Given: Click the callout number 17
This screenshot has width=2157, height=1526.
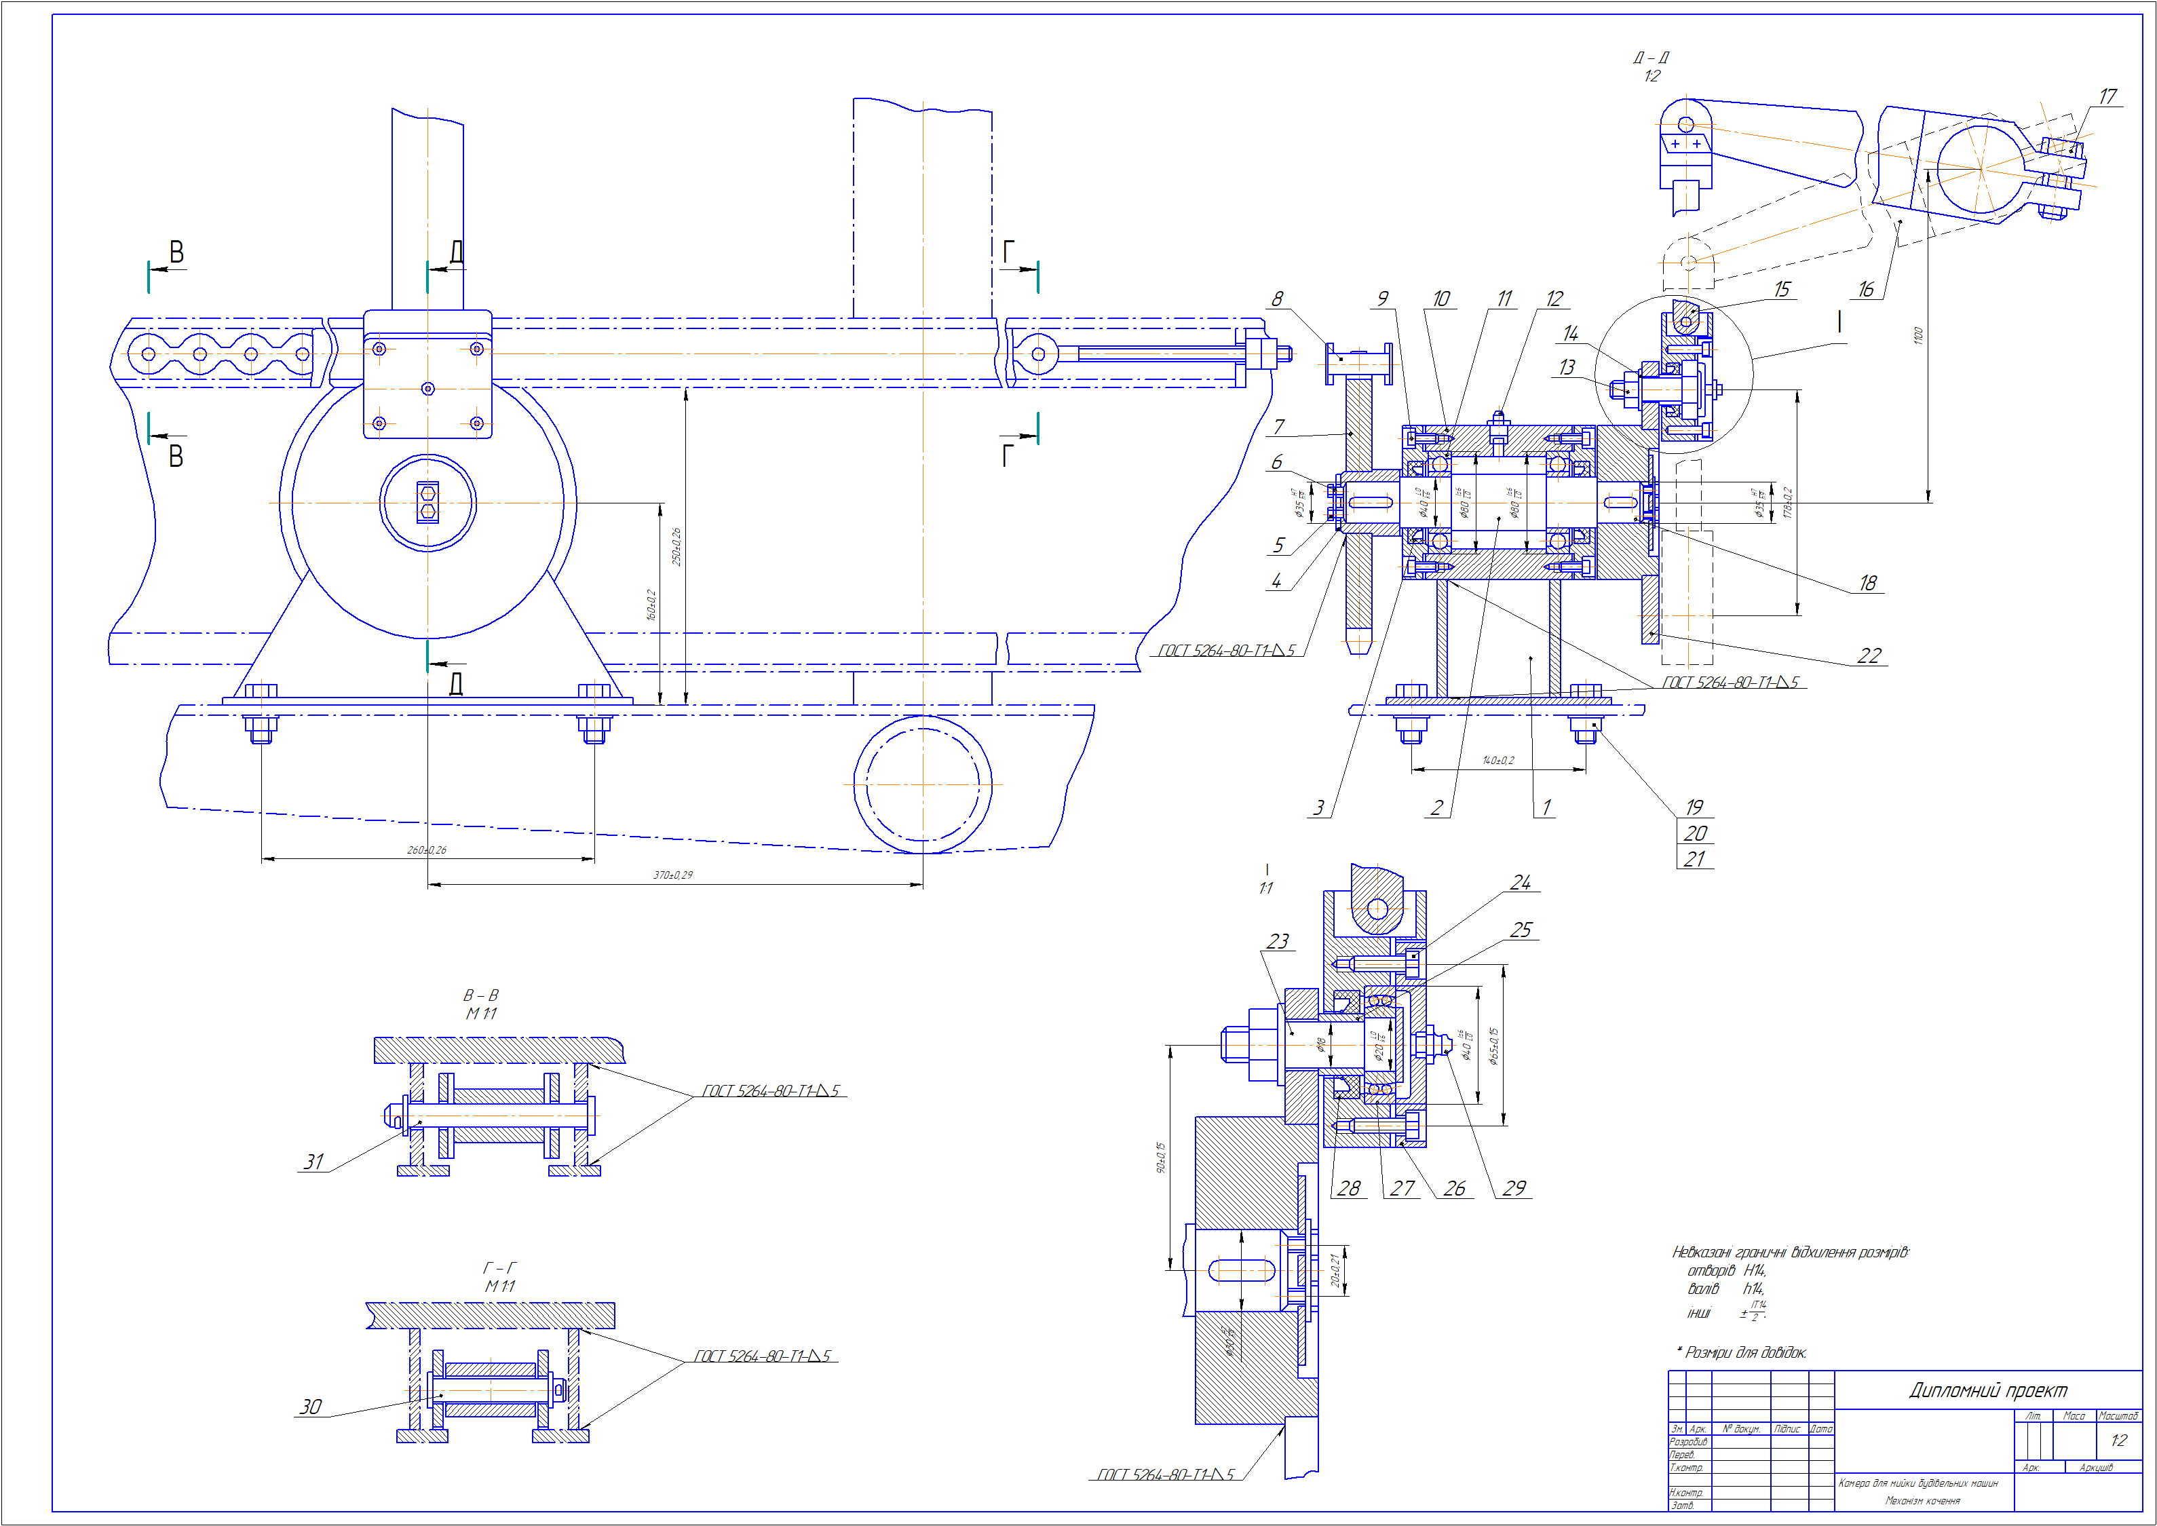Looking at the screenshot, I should (2107, 97).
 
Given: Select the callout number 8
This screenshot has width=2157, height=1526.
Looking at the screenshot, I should (1277, 299).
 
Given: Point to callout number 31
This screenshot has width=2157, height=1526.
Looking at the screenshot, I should (313, 1162).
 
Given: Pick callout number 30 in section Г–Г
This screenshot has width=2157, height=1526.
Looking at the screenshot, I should (310, 1407).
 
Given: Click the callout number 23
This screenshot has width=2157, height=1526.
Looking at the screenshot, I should (1278, 942).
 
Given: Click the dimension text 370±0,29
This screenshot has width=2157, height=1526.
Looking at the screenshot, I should (672, 875).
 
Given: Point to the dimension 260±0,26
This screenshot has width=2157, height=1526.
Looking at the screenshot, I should (427, 850).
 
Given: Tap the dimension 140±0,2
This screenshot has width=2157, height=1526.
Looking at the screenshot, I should (1497, 760).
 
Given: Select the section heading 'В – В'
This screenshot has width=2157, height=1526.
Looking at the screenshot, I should (481, 995).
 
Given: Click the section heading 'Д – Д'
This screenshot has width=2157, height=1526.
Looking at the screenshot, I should (1651, 57).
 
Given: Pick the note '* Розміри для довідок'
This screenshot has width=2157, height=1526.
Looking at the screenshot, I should (1742, 1352).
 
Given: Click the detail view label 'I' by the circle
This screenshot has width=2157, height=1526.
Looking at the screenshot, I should (1839, 322).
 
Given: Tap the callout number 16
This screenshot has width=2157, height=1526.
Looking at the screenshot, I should (1866, 290).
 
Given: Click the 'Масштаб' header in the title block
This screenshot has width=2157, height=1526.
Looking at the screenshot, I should (2118, 1416).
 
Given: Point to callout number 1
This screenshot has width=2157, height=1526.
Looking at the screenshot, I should (1546, 807).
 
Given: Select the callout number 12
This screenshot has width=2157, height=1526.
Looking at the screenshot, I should (1554, 299).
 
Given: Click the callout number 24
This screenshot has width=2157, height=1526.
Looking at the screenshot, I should (1520, 882).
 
